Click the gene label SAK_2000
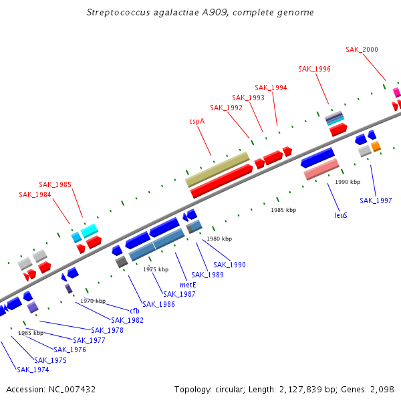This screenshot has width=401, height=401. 362,49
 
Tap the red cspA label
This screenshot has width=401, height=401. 197,121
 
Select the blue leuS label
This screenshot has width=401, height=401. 341,215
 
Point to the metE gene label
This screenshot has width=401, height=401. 188,285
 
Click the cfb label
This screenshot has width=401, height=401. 134,311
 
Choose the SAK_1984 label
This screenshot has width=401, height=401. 35,195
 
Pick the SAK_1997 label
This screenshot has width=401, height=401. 376,200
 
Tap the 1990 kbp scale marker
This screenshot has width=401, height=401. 348,182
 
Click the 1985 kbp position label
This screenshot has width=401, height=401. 283,210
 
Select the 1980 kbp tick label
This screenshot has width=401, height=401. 219,239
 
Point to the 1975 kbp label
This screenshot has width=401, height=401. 156,269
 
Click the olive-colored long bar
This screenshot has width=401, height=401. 217,170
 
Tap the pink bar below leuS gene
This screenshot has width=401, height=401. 321,169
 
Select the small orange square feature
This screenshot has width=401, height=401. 376,146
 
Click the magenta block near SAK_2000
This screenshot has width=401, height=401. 397,92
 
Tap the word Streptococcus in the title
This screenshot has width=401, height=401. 118,12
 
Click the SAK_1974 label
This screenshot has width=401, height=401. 33,370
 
